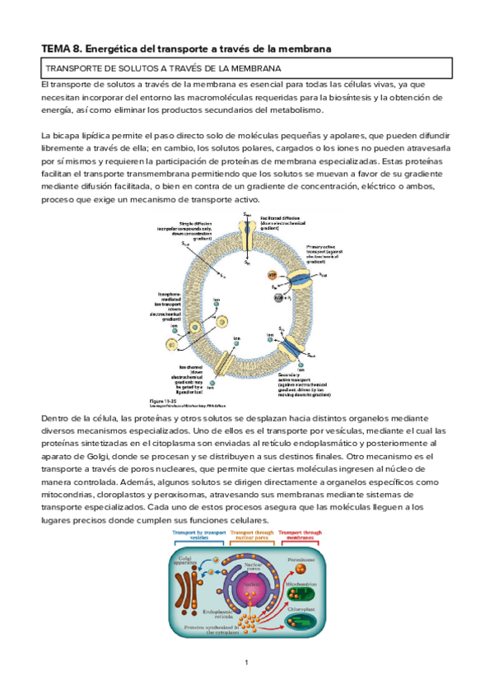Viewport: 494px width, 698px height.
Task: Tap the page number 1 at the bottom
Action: coord(246,663)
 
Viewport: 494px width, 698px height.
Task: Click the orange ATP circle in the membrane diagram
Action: coord(273,274)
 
